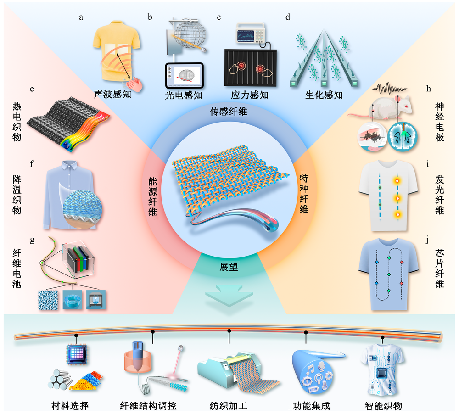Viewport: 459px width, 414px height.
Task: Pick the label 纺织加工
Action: [x=229, y=406]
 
